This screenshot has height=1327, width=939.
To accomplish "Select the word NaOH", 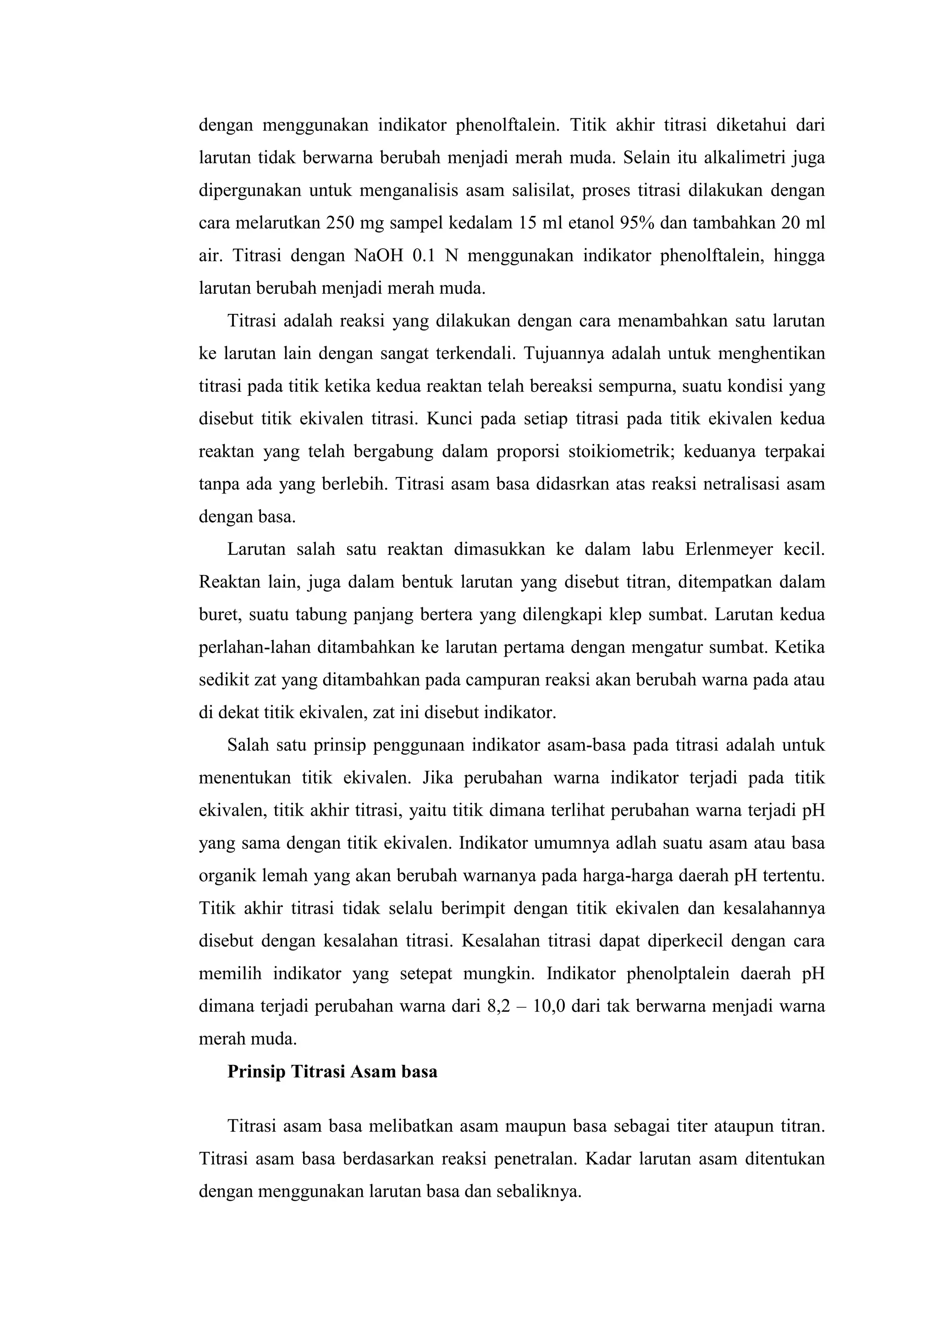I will click(378, 256).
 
